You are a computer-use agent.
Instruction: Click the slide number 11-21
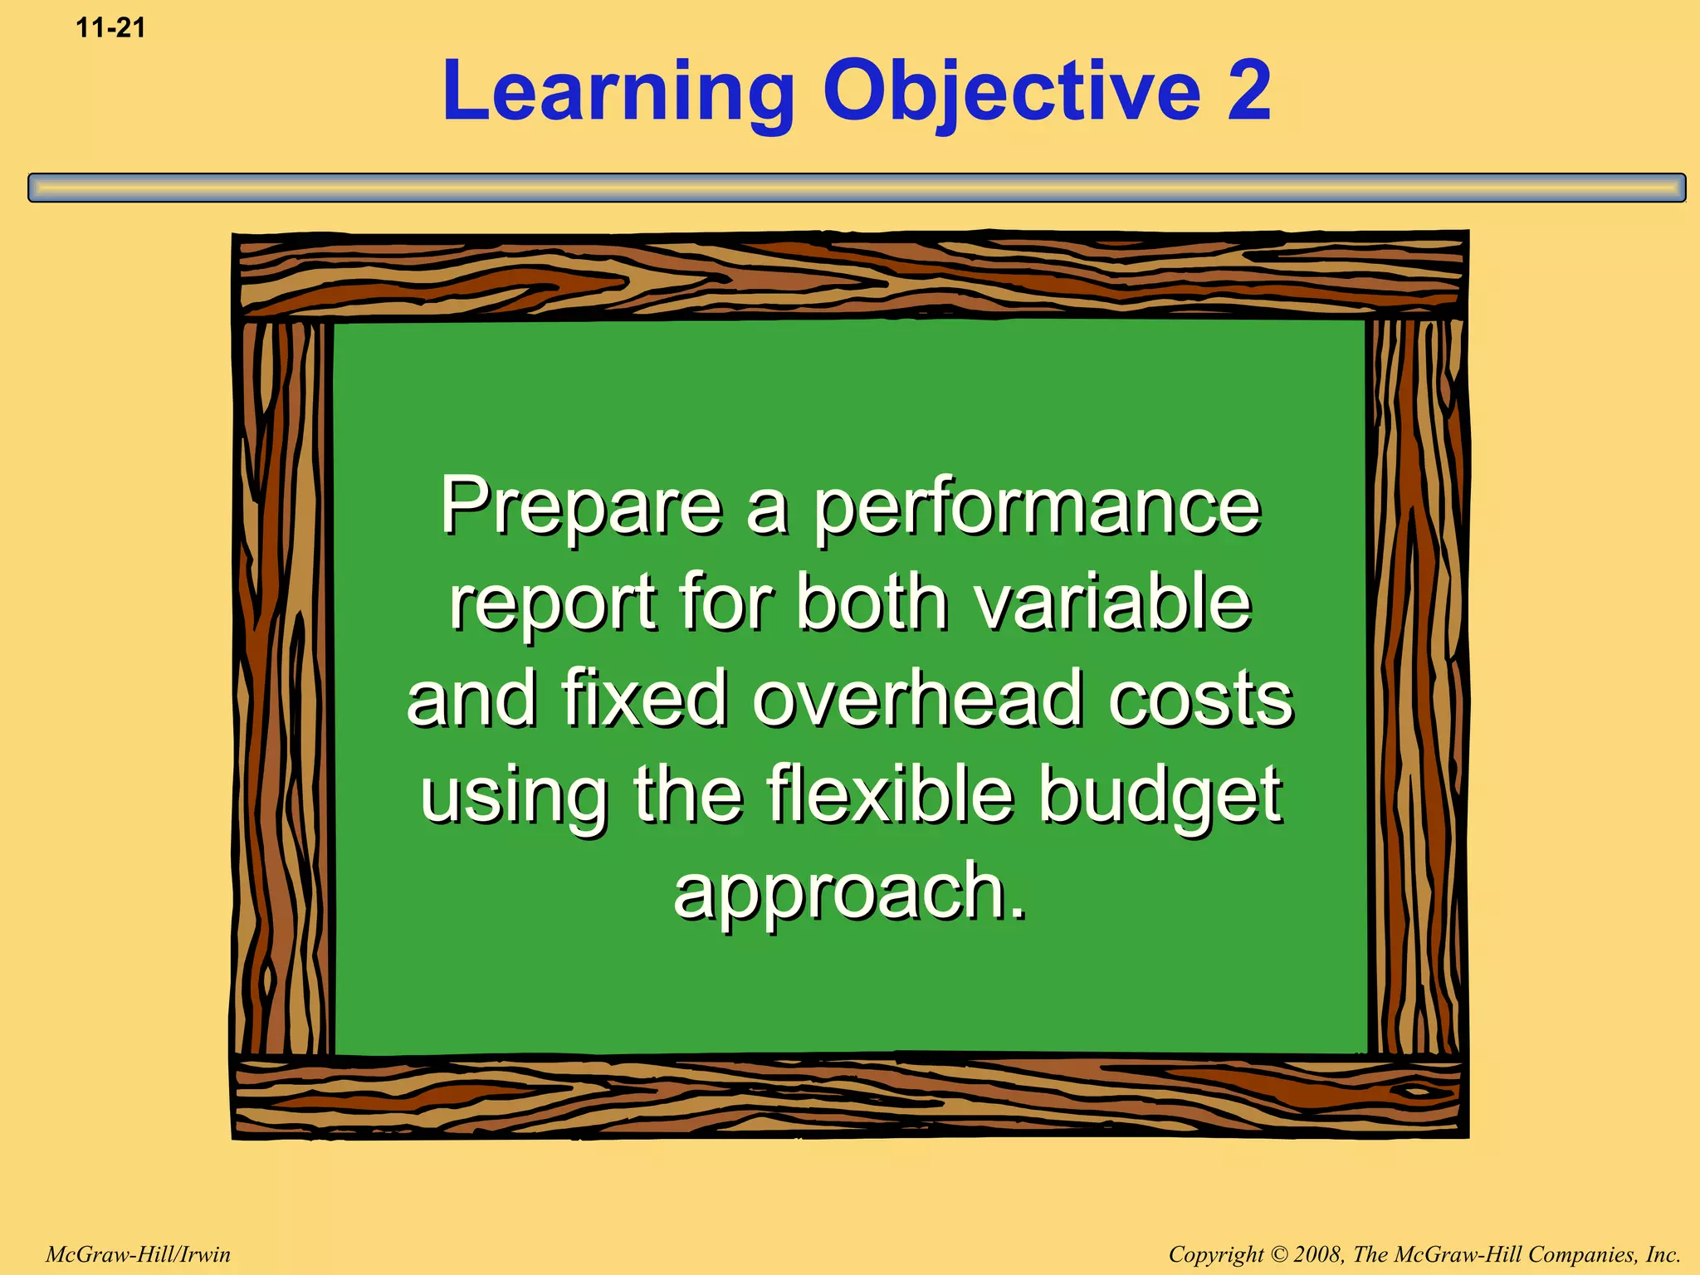[x=110, y=28]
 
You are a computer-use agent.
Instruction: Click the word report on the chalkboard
[x=554, y=603]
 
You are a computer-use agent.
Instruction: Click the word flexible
[x=890, y=794]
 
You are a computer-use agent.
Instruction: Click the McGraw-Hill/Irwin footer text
[x=138, y=1254]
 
